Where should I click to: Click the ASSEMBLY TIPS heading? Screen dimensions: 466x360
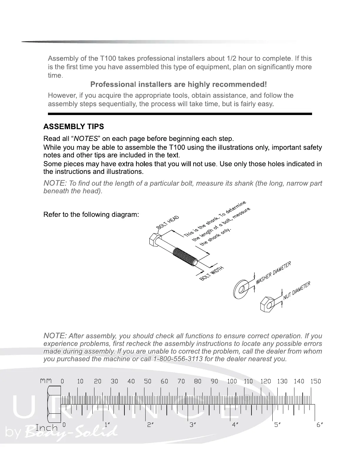[74, 127]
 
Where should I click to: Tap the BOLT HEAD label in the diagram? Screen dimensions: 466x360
[168, 222]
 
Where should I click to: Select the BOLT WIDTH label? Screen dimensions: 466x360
[212, 273]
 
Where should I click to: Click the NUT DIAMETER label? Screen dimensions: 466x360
[297, 291]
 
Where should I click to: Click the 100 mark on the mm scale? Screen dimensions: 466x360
[232, 381]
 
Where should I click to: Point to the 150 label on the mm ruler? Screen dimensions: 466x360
[316, 381]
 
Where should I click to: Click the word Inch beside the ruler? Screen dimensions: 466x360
[46, 427]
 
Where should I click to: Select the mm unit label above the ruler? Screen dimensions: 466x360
[46, 381]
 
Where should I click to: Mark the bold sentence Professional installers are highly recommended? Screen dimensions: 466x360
[179, 85]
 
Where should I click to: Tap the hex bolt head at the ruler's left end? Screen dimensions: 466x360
[54, 405]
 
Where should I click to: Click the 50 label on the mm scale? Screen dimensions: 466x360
[148, 381]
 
